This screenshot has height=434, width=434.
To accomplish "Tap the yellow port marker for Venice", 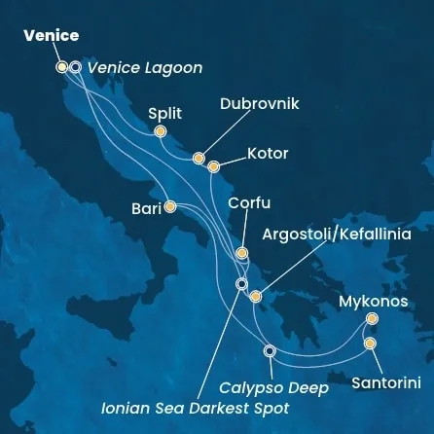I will [62, 67].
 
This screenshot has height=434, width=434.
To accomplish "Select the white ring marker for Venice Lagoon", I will [75, 67].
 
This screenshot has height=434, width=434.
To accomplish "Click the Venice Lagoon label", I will [145, 68].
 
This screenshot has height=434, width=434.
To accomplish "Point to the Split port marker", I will [161, 131].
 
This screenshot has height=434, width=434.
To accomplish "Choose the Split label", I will [164, 113].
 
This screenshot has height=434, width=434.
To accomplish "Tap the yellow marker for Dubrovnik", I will [199, 158].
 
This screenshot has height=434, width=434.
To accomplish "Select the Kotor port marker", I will [214, 166].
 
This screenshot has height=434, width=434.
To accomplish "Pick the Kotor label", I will [268, 154].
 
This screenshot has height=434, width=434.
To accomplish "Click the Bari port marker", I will [170, 206].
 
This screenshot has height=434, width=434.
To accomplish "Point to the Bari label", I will [147, 207].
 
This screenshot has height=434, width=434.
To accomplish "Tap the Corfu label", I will [249, 203].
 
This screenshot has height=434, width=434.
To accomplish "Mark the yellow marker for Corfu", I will [241, 253].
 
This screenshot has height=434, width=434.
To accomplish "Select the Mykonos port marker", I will [373, 318].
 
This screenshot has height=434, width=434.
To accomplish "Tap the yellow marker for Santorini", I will [370, 343].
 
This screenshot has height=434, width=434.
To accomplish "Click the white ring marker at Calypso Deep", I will [270, 350].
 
